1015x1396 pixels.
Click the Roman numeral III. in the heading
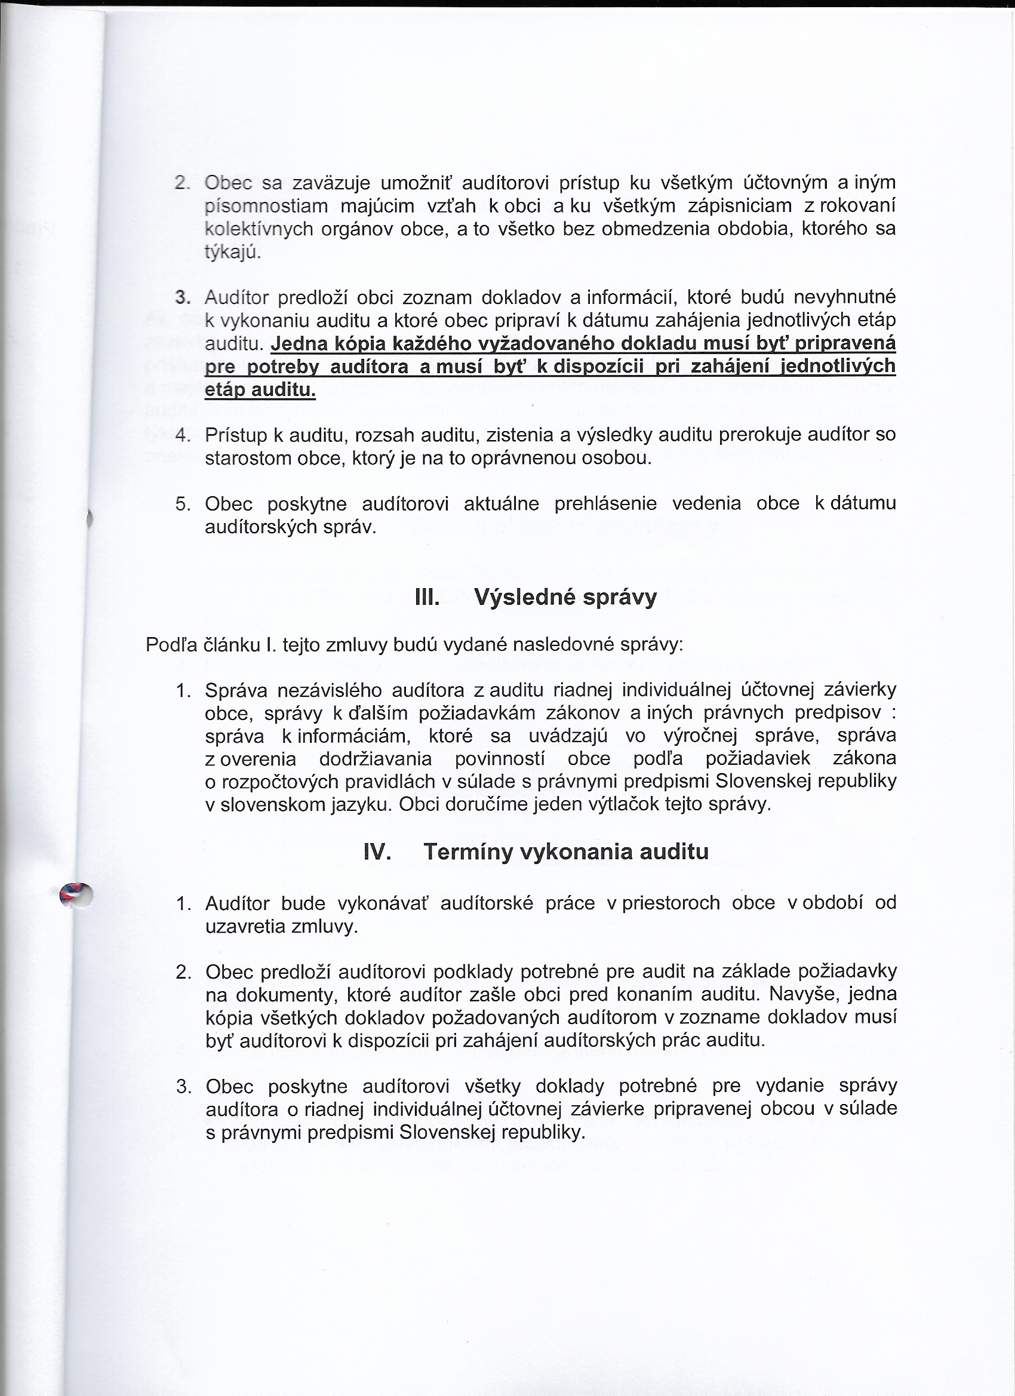click(427, 598)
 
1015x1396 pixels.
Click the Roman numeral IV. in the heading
click(377, 852)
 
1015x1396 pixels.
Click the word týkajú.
click(233, 253)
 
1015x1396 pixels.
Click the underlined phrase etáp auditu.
click(260, 390)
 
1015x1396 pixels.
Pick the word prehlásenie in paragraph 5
click(605, 503)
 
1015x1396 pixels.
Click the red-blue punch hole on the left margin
click(76, 894)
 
